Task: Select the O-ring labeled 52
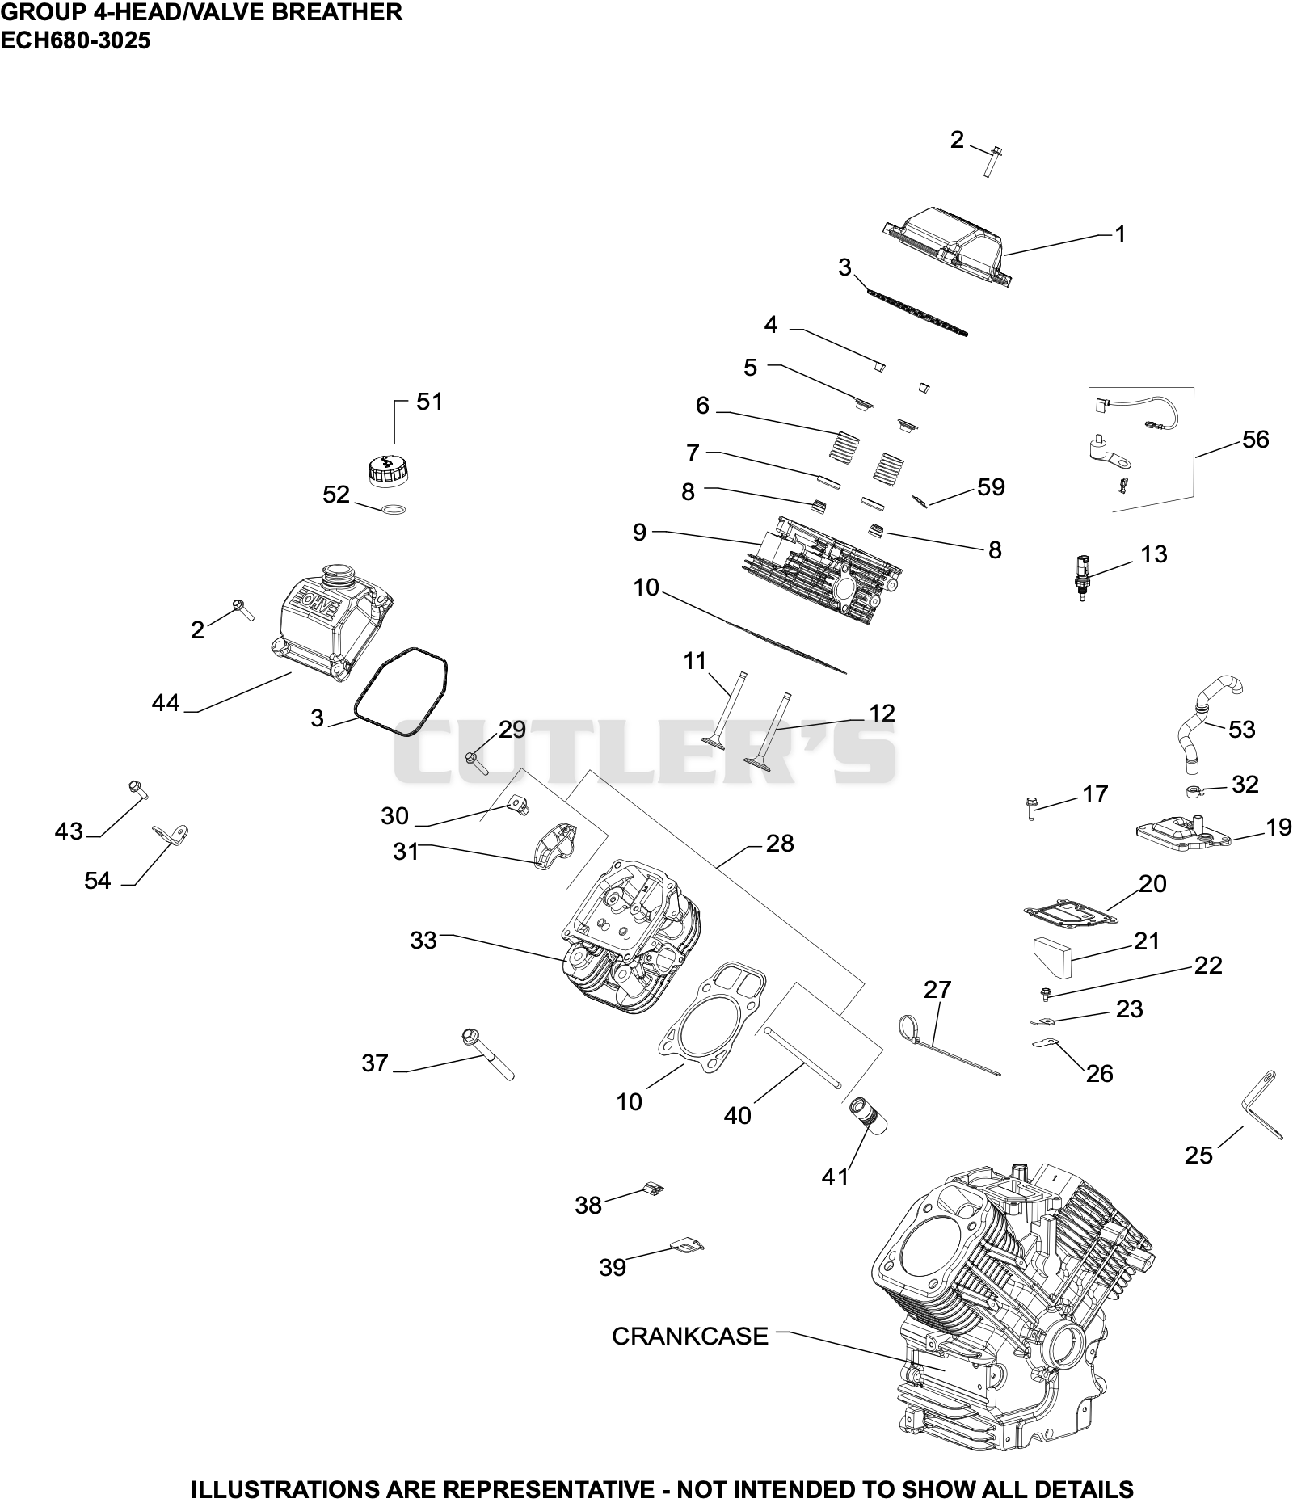(x=393, y=509)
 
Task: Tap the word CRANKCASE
(x=689, y=1336)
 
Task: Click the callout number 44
(x=166, y=703)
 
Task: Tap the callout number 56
(x=1255, y=440)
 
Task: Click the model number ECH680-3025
(x=75, y=40)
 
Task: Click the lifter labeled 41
(x=864, y=1118)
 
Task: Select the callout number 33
(x=423, y=941)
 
